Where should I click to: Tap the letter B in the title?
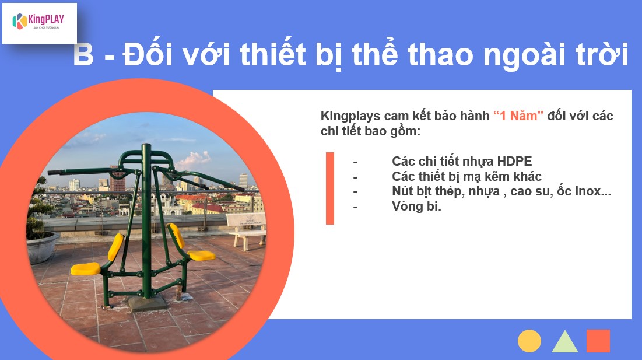point(83,54)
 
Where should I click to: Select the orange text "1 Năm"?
point(518,116)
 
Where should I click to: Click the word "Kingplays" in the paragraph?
point(350,116)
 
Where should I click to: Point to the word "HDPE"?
point(514,161)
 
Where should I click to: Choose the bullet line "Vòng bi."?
point(416,206)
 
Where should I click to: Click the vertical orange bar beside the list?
point(330,188)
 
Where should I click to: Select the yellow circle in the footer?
point(529,341)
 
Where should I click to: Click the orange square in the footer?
point(598,341)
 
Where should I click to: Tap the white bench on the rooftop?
point(247,229)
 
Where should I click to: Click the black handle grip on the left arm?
point(55,173)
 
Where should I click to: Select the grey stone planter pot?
point(42,247)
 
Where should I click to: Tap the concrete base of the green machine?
point(148,303)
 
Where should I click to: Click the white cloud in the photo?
point(193,159)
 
